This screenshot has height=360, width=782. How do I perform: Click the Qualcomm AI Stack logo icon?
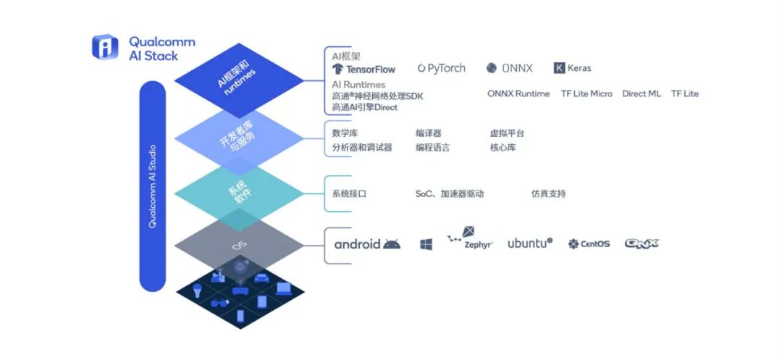(x=105, y=47)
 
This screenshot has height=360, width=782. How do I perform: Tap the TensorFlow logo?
(x=364, y=70)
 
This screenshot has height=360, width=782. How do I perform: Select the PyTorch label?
(x=442, y=68)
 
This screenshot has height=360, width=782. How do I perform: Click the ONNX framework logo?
(x=509, y=68)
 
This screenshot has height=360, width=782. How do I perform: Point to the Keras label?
(x=573, y=68)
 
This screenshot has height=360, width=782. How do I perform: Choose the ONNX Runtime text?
(x=518, y=93)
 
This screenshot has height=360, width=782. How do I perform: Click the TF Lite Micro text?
(x=586, y=93)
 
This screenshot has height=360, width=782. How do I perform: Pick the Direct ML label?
(x=642, y=93)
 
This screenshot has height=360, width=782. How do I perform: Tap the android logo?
(x=367, y=244)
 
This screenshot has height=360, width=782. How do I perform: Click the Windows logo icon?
(x=426, y=244)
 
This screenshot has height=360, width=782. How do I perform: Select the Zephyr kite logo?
(x=471, y=238)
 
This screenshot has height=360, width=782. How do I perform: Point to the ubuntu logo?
(x=530, y=243)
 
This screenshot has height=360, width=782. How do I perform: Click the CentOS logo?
(x=589, y=244)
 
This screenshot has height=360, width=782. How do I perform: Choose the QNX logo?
(x=642, y=244)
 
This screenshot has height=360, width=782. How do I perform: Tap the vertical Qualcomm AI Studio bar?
(x=152, y=186)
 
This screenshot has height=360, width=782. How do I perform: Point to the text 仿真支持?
(x=549, y=194)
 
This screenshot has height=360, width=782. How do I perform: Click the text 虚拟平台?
(x=507, y=133)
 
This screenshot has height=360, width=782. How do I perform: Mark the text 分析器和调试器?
(x=362, y=148)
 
